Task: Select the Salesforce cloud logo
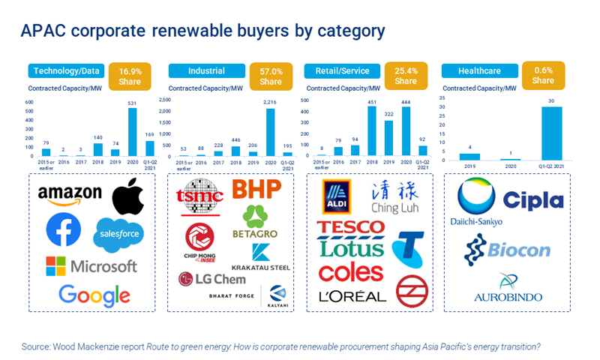[118, 236]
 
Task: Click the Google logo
[94, 293]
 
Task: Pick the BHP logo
[256, 190]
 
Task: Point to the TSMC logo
[199, 195]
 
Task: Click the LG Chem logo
[212, 279]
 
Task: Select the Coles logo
[351, 271]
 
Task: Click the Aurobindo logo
[508, 288]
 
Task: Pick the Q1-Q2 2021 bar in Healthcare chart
[551, 130]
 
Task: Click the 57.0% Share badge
[271, 75]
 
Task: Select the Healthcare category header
[477, 71]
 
